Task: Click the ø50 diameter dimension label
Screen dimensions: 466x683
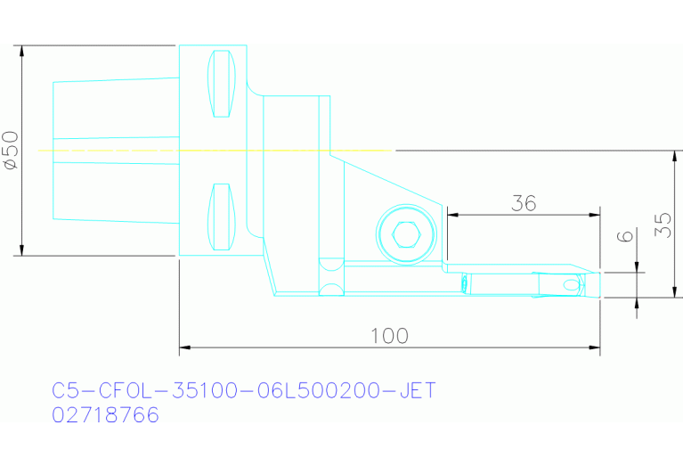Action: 10,150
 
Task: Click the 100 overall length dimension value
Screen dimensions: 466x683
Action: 389,336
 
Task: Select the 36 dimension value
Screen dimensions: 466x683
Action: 524,203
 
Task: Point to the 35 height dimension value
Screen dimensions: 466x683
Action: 663,224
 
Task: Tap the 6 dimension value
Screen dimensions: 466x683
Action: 625,238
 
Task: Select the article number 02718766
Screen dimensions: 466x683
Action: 106,415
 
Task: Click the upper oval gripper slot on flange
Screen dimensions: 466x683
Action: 222,83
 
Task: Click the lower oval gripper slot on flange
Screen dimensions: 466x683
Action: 222,217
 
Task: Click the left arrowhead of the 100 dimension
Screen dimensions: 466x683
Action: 184,346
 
